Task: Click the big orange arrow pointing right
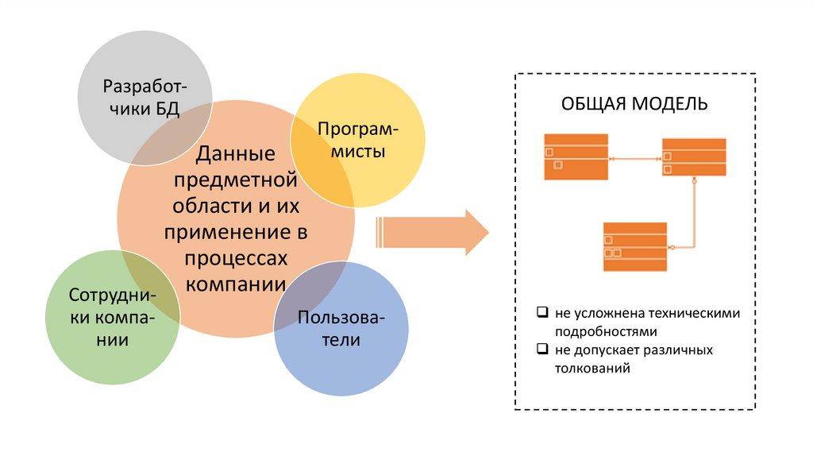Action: coord(433,233)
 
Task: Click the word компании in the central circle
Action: coord(235,283)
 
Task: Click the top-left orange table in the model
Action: coord(576,157)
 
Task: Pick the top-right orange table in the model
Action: coord(693,157)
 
